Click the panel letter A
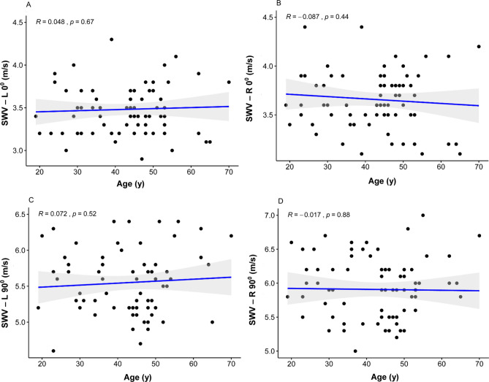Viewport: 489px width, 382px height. pyautogui.click(x=29, y=4)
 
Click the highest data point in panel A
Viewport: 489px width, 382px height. pyautogui.click(x=111, y=39)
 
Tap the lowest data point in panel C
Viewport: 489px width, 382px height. pyautogui.click(x=53, y=351)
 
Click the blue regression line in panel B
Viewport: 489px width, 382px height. pyautogui.click(x=380, y=99)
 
